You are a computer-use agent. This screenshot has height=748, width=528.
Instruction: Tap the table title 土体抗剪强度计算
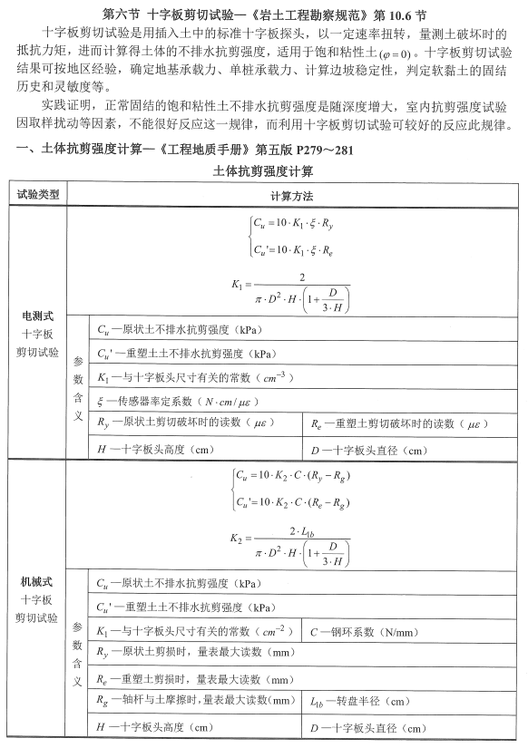263,170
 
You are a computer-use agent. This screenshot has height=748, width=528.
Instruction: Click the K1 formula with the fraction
290,286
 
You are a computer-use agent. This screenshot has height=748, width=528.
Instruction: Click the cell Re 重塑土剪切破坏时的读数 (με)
394,423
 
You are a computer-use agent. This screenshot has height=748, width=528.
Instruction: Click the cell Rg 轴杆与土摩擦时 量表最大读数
196,701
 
